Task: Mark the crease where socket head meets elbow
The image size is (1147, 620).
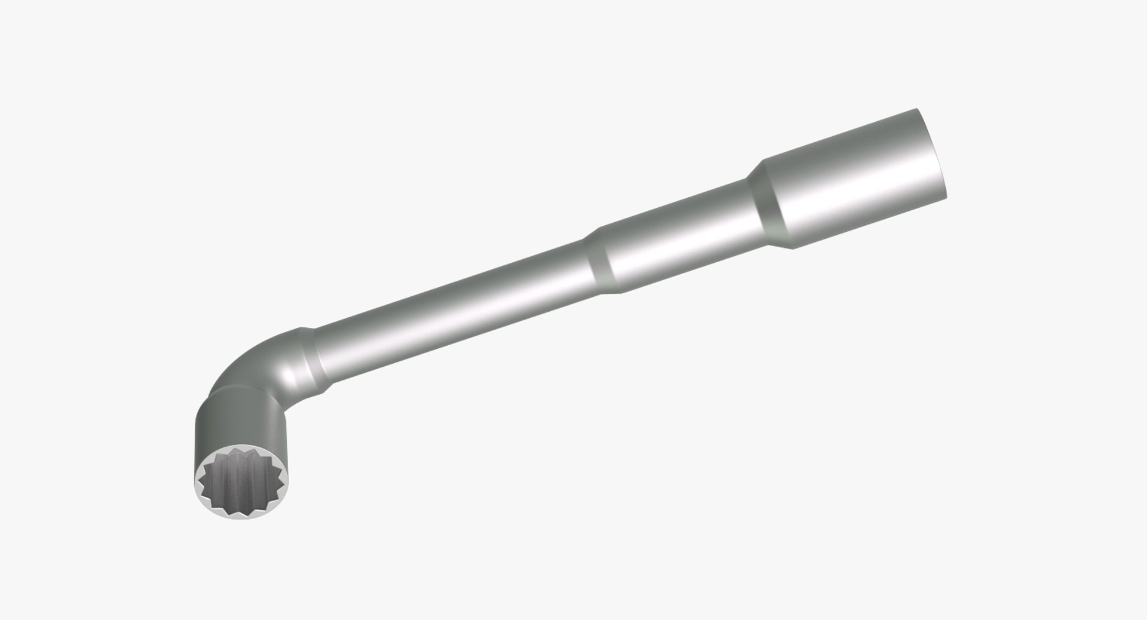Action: [x=239, y=391]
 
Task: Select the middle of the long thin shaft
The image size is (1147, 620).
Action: [x=454, y=311]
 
